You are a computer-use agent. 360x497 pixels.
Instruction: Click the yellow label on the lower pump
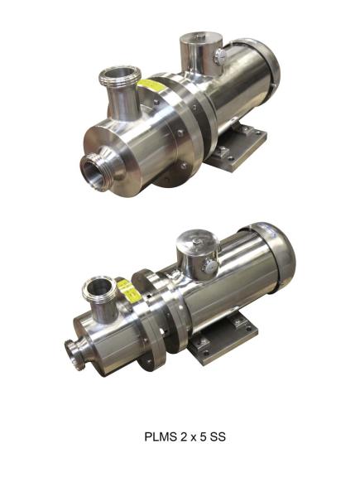coord(127,288)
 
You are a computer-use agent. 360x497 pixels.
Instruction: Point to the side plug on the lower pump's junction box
coord(210,267)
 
